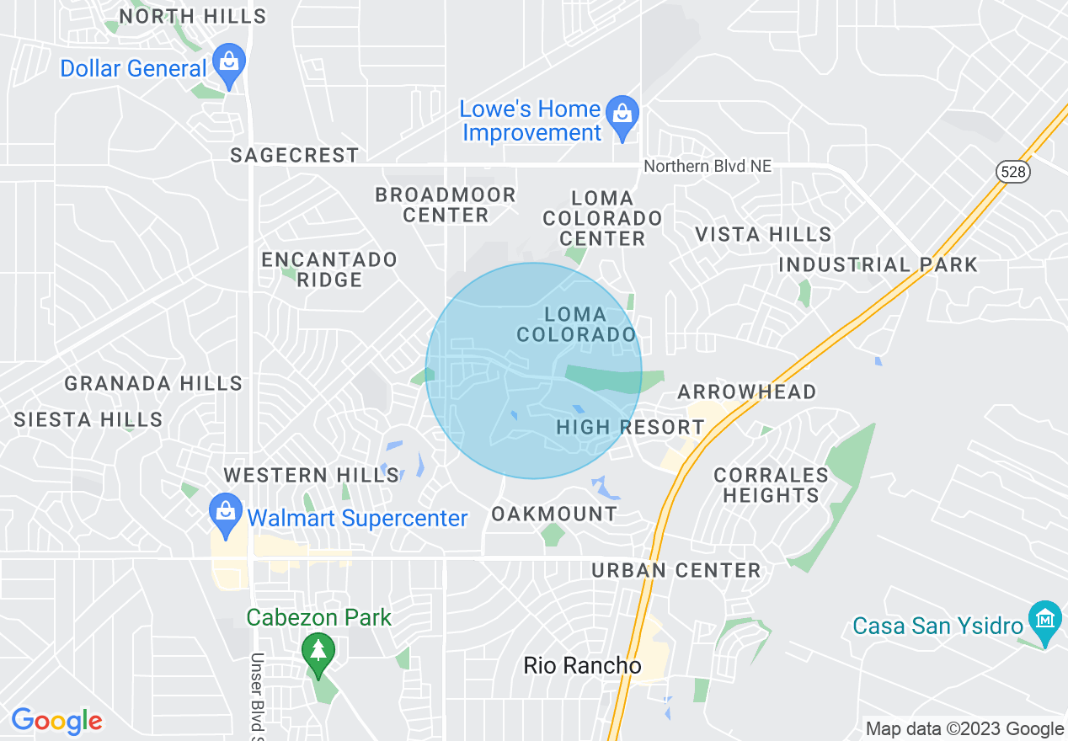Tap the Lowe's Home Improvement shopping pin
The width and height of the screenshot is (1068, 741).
tap(622, 115)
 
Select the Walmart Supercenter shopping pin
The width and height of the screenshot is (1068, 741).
tap(225, 514)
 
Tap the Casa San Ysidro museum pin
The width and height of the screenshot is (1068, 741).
tap(1044, 620)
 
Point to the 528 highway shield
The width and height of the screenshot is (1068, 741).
tap(1012, 172)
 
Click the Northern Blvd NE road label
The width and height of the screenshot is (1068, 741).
tap(708, 166)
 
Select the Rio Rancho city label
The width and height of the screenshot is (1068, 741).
tap(582, 665)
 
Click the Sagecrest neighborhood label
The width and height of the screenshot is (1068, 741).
tap(295, 155)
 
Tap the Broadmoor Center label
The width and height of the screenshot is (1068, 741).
tap(446, 205)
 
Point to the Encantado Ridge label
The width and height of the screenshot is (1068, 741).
tap(329, 269)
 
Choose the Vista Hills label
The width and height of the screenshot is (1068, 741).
tap(764, 234)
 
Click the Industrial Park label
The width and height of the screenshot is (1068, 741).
tap(878, 264)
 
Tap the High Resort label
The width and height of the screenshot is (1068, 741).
tap(630, 427)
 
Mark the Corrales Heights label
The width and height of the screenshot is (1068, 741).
tap(771, 485)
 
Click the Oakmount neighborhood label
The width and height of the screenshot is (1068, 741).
tap(554, 514)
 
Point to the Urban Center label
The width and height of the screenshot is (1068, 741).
tap(676, 570)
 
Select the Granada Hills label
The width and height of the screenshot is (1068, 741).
tap(153, 383)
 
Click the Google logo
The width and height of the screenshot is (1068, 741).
tap(56, 721)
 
